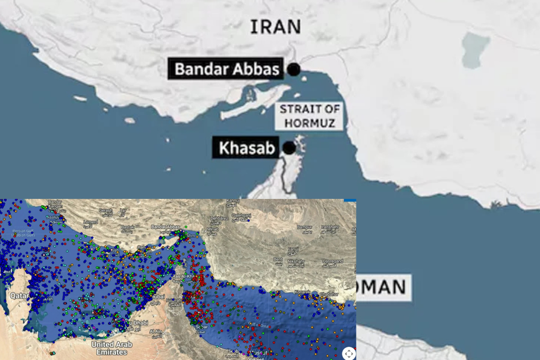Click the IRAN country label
275,27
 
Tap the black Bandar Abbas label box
226,69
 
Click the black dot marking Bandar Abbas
294,70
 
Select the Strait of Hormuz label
310,116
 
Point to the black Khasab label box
247,148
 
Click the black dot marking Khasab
289,148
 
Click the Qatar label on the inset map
18,296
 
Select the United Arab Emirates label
112,347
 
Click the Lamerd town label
90,222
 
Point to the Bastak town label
127,228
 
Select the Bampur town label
305,227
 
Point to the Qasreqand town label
333,261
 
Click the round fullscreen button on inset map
349,353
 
